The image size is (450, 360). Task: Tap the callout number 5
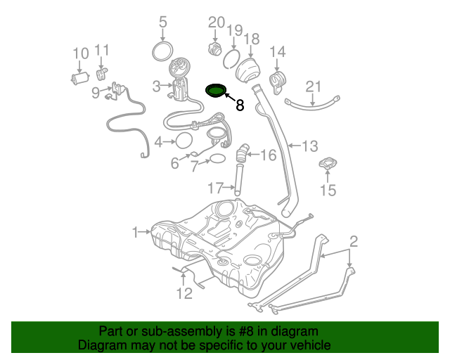tap(163, 22)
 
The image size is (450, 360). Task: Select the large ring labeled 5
tap(163, 50)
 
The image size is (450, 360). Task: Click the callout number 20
tap(216, 22)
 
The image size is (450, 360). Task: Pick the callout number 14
tap(278, 51)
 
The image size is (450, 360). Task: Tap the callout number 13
tap(310, 146)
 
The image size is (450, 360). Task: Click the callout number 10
tap(80, 53)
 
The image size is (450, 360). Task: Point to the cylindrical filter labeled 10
tap(80, 77)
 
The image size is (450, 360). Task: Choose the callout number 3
tap(156, 86)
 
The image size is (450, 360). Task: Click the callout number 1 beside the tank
tap(135, 231)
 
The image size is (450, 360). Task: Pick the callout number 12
tap(184, 293)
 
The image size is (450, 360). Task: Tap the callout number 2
tap(354, 242)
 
